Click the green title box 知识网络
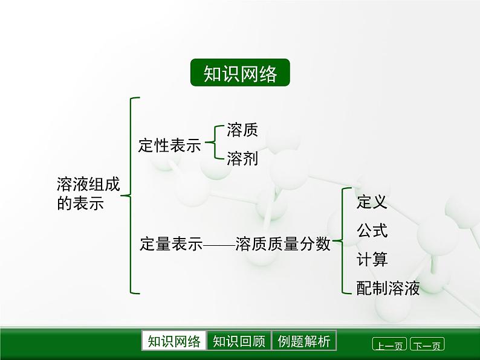pyautogui.click(x=240, y=73)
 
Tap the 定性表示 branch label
pyautogui.click(x=169, y=146)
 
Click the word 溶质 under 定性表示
pyautogui.click(x=242, y=130)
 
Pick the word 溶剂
pyautogui.click(x=242, y=159)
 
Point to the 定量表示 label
pyautogui.click(x=170, y=244)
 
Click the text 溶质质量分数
pyautogui.click(x=284, y=244)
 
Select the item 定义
pyautogui.click(x=372, y=202)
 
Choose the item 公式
pyautogui.click(x=372, y=231)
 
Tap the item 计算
pyautogui.click(x=372, y=260)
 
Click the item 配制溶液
pyautogui.click(x=388, y=288)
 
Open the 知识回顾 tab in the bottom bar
pyautogui.click(x=239, y=341)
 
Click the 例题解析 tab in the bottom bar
pyautogui.click(x=303, y=341)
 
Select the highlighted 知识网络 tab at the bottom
pyautogui.click(x=174, y=341)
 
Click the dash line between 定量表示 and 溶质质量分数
pyautogui.click(x=219, y=245)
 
